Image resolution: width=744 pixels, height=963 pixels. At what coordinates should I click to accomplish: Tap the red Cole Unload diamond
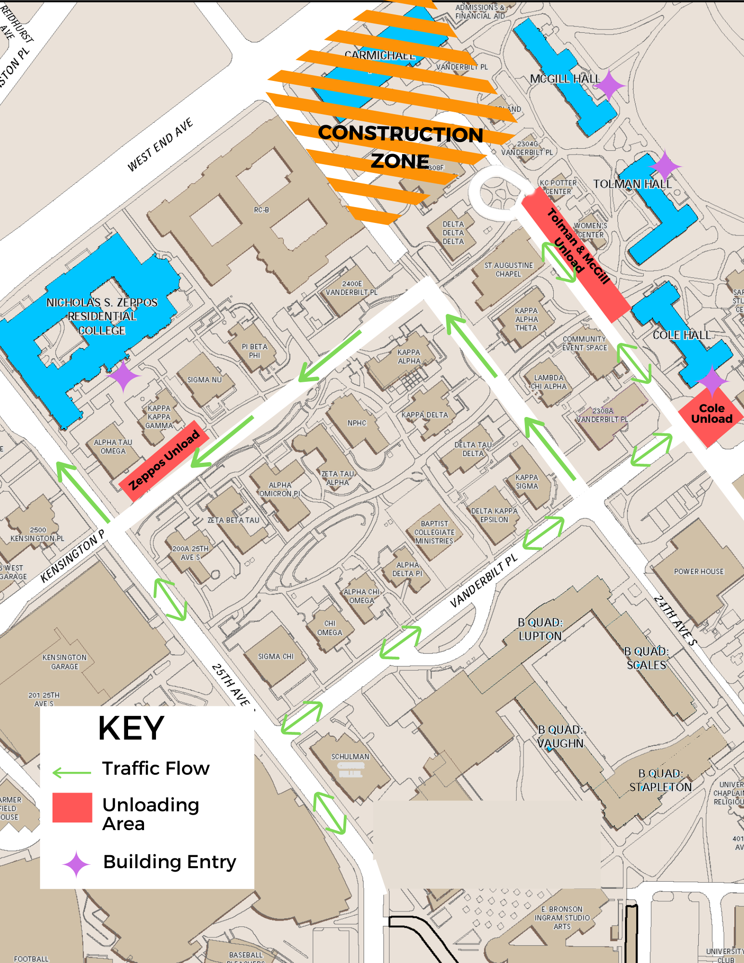coord(711,415)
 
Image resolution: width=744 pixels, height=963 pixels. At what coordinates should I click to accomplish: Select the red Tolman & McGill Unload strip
coord(575,258)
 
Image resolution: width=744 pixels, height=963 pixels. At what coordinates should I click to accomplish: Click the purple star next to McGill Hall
coord(609,85)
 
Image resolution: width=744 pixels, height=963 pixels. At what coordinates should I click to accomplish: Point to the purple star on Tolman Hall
coord(665,166)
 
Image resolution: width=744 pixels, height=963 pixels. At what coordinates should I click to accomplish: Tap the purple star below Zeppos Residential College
coord(124,376)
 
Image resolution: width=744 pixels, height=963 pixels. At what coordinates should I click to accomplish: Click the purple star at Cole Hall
coord(712,381)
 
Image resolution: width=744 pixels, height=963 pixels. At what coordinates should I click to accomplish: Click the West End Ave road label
coord(160,144)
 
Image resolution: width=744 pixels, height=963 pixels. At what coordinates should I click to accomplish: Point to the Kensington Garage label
coord(65,662)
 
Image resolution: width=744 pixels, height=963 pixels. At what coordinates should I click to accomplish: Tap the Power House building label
coord(699,572)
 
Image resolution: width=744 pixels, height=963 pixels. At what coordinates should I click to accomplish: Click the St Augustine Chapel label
coord(509,270)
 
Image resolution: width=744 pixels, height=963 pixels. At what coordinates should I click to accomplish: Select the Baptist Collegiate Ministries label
coord(434,532)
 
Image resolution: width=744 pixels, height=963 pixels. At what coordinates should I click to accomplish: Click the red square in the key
coord(72,807)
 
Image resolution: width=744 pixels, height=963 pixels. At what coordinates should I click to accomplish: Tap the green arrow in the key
coord(72,773)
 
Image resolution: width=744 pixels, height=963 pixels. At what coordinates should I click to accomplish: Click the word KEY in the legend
coord(131,728)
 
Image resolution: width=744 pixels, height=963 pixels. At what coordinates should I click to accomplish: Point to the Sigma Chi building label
coord(275,656)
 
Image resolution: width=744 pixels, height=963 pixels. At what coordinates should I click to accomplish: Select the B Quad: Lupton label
coord(540,629)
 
